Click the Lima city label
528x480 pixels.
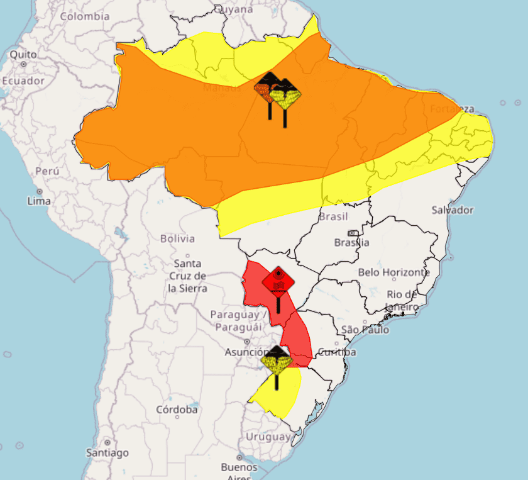tap(39, 201)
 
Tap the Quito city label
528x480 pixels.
tap(23, 55)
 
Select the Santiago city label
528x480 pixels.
tap(107, 452)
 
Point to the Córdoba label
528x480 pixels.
tap(177, 410)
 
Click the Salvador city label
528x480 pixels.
tap(453, 209)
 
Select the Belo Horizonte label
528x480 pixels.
tap(394, 272)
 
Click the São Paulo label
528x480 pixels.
tap(365, 330)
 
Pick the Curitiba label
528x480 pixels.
tap(337, 352)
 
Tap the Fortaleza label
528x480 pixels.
tap(452, 109)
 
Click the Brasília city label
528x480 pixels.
tap(352, 242)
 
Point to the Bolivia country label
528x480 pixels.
tap(178, 238)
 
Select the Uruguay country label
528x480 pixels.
tap(268, 437)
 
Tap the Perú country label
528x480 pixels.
tap(47, 170)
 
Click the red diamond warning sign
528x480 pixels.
tap(278, 280)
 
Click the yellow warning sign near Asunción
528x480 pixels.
tap(276, 362)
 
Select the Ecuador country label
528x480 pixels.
tap(23, 81)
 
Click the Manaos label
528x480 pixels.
tap(222, 88)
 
